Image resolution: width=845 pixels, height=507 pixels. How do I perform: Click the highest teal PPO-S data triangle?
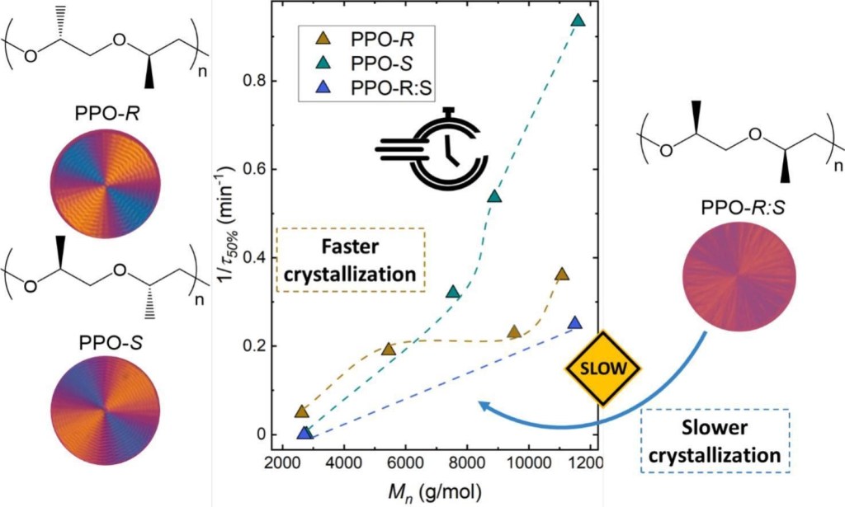(x=578, y=21)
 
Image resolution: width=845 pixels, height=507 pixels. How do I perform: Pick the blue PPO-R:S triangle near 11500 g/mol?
(x=575, y=322)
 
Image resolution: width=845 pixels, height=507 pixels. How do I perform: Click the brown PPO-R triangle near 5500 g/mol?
(x=389, y=349)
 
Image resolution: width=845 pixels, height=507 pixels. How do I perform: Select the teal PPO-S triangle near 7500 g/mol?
(x=453, y=292)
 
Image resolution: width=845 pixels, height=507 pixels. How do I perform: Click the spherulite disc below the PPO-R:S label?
(x=740, y=271)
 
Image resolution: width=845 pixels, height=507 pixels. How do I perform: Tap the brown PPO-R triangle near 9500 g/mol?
(x=514, y=331)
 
